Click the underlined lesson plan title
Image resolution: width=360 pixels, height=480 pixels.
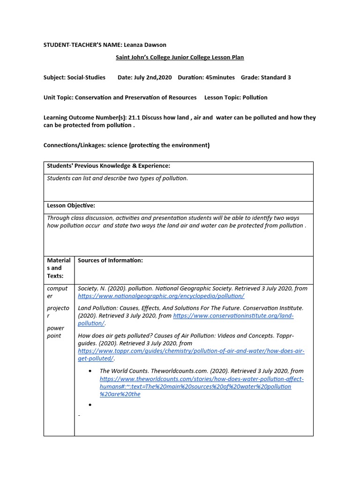tap(180, 57)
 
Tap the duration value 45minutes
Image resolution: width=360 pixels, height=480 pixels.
tap(220, 77)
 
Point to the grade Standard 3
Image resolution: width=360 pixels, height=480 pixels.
tap(276, 77)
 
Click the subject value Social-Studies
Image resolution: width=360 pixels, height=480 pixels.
tap(86, 77)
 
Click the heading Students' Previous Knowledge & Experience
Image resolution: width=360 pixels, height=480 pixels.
tap(108, 166)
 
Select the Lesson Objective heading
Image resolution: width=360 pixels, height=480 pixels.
tap(71, 205)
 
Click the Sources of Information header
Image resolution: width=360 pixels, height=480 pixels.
tap(110, 260)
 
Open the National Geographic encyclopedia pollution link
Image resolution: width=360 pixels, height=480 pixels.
tap(161, 296)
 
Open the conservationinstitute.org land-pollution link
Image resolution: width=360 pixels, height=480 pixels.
tap(233, 316)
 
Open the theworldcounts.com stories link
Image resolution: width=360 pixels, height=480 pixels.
tap(201, 379)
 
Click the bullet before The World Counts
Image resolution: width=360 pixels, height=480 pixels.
tap(90, 371)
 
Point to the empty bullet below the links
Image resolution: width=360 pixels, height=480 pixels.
tap(90, 404)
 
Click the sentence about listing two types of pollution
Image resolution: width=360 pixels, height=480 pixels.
tap(117, 179)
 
